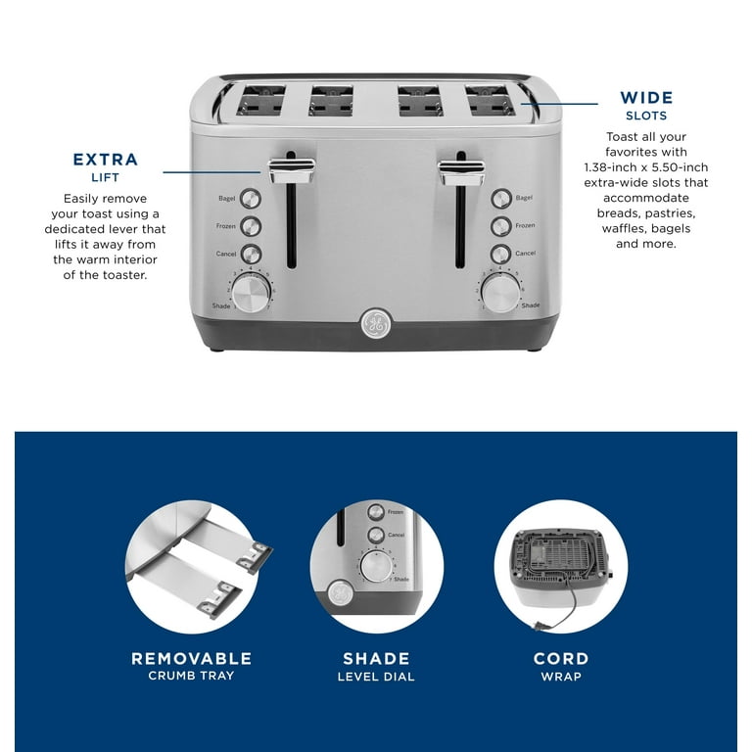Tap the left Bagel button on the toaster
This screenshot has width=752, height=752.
(x=251, y=198)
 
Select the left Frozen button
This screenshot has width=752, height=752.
(x=251, y=226)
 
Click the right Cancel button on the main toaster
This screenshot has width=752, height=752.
(x=501, y=254)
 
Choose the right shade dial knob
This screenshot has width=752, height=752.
(x=498, y=292)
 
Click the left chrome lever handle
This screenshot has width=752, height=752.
(x=292, y=171)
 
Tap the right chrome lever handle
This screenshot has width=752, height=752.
(x=462, y=172)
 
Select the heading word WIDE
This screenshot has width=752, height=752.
(x=646, y=98)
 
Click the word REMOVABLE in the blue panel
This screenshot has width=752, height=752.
(x=192, y=659)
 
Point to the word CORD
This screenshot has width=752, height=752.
(x=561, y=659)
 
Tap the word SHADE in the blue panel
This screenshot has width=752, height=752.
(x=376, y=659)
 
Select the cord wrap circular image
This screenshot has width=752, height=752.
(x=561, y=567)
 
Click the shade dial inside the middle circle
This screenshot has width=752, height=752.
(x=374, y=567)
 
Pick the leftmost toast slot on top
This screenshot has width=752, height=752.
(x=260, y=100)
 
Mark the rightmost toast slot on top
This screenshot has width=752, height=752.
(x=490, y=100)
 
